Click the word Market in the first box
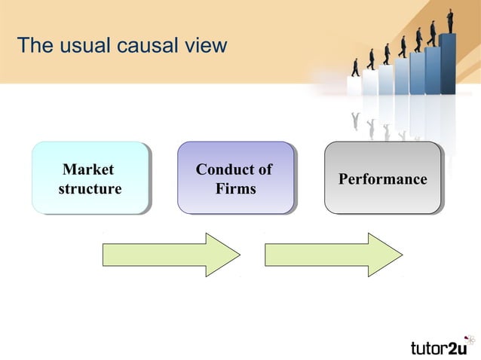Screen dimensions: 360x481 pyautogui.click(x=88, y=169)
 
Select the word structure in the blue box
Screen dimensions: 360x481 pyautogui.click(x=90, y=189)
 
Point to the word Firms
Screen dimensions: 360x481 pyautogui.click(x=235, y=189)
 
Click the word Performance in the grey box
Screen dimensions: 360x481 pyautogui.click(x=382, y=179)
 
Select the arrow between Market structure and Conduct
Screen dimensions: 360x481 pyautogui.click(x=170, y=255)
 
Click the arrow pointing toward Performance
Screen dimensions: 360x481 pyautogui.click(x=333, y=255)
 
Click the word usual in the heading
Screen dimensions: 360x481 pyautogui.click(x=81, y=46)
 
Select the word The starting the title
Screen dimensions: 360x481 pyautogui.click(x=34, y=46)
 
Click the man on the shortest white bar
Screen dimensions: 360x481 pyautogui.click(x=354, y=67)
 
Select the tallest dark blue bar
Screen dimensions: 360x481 pyautogui.click(x=448, y=64)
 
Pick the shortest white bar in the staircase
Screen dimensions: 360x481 pyautogui.click(x=354, y=86)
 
